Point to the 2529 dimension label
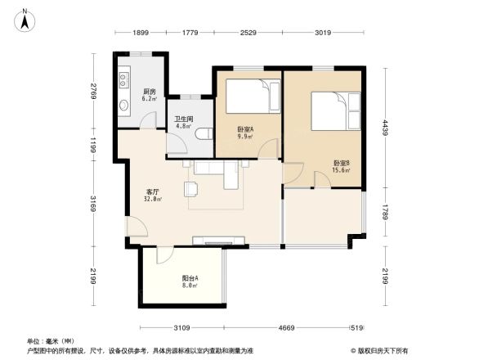[248, 33]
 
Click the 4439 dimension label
[383, 128]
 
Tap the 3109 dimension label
[181, 327]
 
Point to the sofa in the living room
[215, 168]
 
